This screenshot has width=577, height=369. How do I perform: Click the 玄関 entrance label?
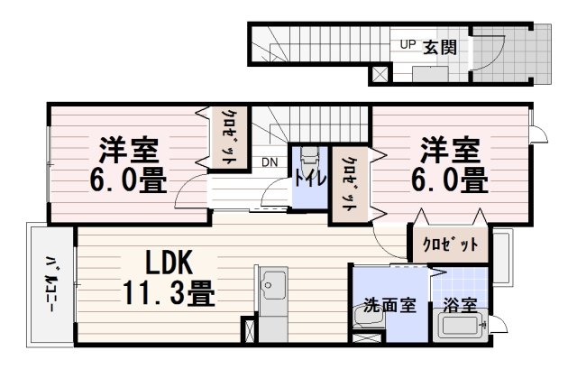440,45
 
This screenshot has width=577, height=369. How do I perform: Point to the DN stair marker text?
270,162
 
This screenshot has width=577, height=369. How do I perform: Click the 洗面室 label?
389,305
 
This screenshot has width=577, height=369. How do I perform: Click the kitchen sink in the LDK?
268,290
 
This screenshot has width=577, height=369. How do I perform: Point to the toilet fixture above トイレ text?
308,156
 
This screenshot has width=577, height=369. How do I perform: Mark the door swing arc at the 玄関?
489,54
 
